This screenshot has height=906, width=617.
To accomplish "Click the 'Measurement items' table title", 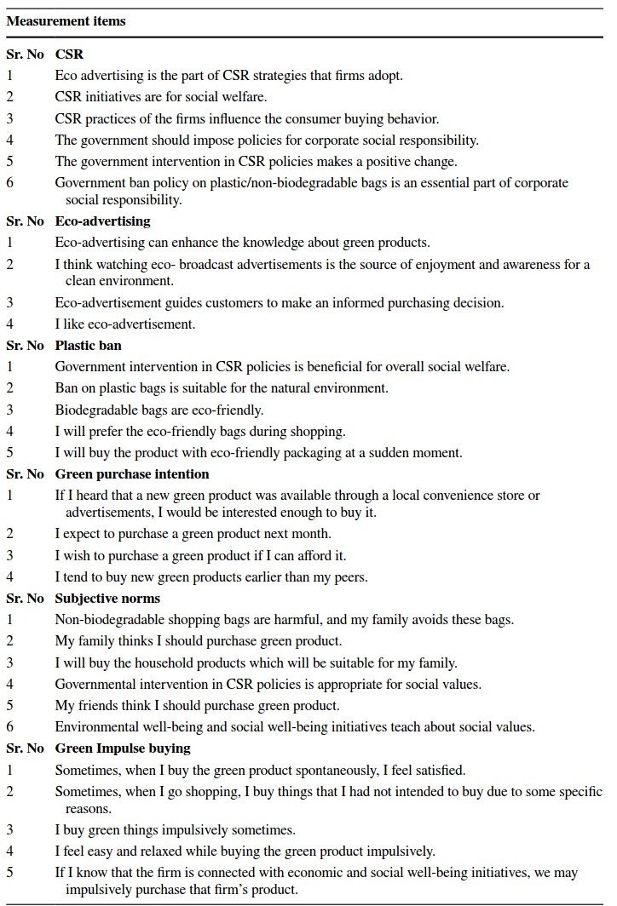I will coord(66,21).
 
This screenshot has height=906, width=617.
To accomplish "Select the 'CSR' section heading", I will coord(69,54).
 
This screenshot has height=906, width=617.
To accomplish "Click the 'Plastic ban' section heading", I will coord(88,346).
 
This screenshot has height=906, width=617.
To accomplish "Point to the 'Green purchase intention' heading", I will coord(131,473).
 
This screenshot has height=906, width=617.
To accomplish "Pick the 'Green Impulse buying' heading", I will coord(123,748).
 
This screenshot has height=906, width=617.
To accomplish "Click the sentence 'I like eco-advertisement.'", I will coord(125,324).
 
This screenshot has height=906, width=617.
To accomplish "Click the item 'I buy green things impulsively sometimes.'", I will coord(175,829).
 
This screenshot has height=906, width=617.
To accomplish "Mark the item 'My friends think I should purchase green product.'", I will coord(198,705).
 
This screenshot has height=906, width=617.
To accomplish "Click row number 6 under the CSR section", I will coord(9,183).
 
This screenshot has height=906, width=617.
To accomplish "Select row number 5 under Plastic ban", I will coord(9,452).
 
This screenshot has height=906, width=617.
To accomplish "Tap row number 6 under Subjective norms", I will coord(9,727).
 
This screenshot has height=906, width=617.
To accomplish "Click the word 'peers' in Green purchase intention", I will coord(349,577).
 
